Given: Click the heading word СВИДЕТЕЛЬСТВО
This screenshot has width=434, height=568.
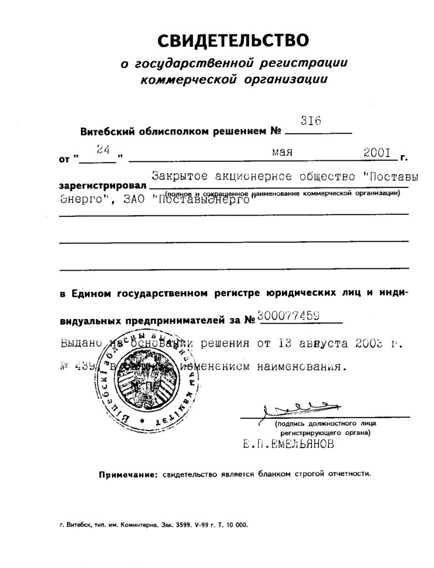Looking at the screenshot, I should coord(233,40).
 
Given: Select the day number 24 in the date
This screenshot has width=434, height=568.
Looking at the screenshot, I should coord(102,149).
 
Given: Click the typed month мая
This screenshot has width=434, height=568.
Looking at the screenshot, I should coord(282,151).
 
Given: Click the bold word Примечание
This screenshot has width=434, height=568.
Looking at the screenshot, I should coord(125,475).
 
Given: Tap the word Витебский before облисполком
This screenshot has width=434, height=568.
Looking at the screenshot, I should coord(105,132).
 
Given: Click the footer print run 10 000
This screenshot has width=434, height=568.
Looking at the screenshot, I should coord(239,524).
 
